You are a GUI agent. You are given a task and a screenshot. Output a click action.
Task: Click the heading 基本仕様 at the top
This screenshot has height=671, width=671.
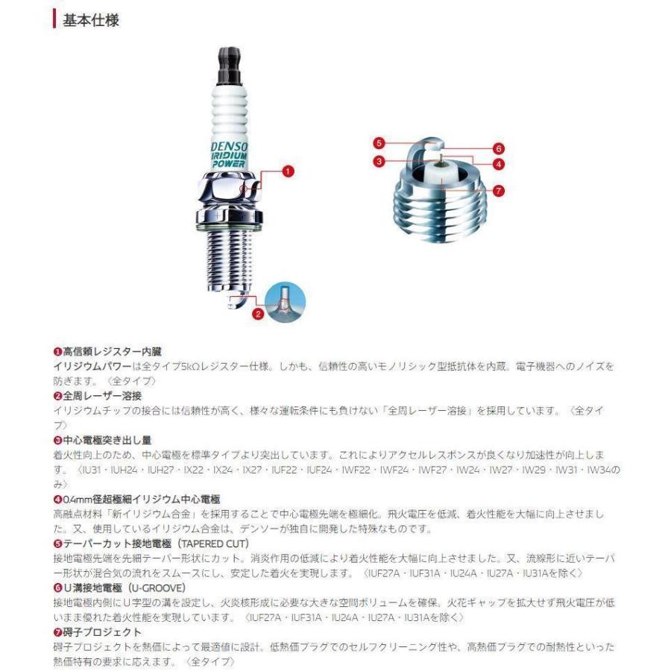91,20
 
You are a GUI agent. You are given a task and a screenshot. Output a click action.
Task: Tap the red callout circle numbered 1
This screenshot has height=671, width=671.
287,171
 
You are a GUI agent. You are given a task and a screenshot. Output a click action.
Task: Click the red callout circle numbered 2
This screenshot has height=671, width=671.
258,314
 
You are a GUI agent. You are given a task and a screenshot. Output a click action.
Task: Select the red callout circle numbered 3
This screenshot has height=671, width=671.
379,161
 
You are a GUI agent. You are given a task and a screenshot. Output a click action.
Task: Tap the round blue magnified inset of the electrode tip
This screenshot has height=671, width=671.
286,301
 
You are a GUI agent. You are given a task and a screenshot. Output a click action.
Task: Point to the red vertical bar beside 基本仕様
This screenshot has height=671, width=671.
54,19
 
